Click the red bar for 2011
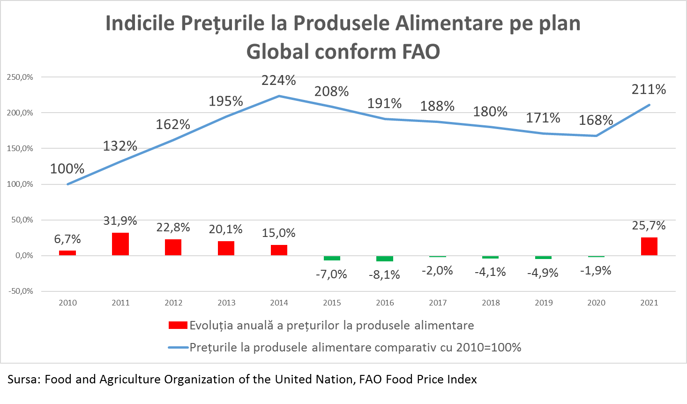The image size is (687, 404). click(120, 244)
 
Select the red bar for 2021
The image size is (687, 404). click(649, 246)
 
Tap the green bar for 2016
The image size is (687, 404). click(385, 259)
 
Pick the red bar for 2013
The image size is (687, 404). click(226, 248)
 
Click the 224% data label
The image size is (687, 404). click(279, 80)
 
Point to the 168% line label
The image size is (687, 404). click(596, 120)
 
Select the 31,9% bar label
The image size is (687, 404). click(120, 221)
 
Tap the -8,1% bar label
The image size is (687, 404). click(385, 275)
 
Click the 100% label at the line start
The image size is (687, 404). click(67, 169)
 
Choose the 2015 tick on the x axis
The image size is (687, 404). click(332, 303)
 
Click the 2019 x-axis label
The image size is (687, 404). click(544, 303)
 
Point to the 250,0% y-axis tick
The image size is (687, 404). click(20, 77)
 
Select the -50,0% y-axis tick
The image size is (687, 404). click(20, 291)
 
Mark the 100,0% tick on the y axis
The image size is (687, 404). click(20, 184)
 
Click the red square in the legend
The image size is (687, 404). click(178, 325)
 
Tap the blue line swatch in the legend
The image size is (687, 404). click(178, 348)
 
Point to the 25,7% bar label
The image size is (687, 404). click(649, 226)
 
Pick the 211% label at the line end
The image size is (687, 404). click(649, 90)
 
